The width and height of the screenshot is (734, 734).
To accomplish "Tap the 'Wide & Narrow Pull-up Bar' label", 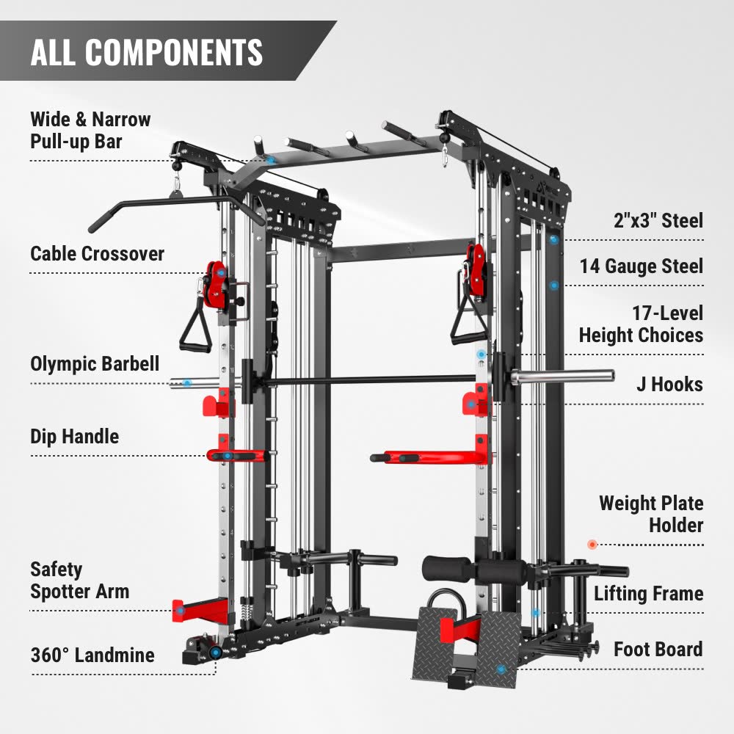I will click(90, 130).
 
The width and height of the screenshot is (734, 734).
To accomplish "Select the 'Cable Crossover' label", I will click(97, 254).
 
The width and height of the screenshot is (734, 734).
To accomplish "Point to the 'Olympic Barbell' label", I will click(95, 363).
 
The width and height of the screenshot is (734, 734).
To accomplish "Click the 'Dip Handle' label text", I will click(74, 436).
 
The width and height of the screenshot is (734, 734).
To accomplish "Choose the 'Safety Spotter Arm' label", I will click(79, 580).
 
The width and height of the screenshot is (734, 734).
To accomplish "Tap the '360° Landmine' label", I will click(92, 655).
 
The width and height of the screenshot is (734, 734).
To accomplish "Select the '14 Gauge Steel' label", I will click(641, 266).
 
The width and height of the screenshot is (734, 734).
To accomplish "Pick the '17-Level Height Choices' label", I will click(641, 324).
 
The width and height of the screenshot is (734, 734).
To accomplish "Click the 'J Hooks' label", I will click(669, 384).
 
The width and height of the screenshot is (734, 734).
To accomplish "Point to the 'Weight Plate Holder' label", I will click(650, 514).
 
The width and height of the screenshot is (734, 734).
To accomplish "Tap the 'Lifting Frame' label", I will click(648, 593).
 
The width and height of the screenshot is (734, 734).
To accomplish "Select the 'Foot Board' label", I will click(658, 649).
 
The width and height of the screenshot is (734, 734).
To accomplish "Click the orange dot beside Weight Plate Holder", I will click(592, 544).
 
